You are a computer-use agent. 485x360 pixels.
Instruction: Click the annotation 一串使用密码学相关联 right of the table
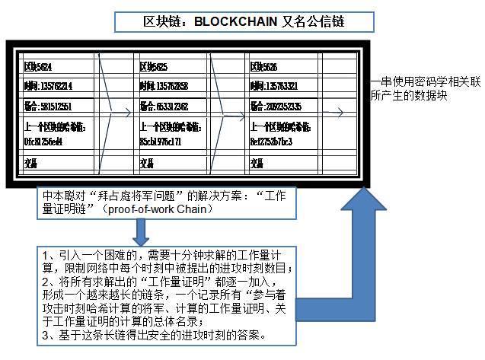426,86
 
